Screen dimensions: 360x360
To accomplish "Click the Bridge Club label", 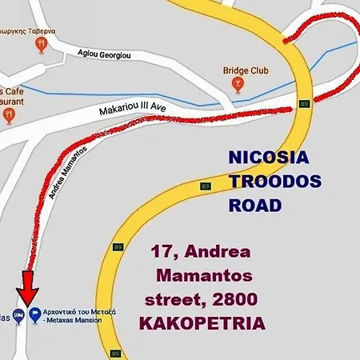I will point(246,83).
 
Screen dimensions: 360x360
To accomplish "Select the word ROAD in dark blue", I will point(255,205).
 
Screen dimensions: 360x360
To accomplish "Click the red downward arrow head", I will point(27,297).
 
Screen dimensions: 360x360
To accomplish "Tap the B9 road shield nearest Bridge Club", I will point(303,103).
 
